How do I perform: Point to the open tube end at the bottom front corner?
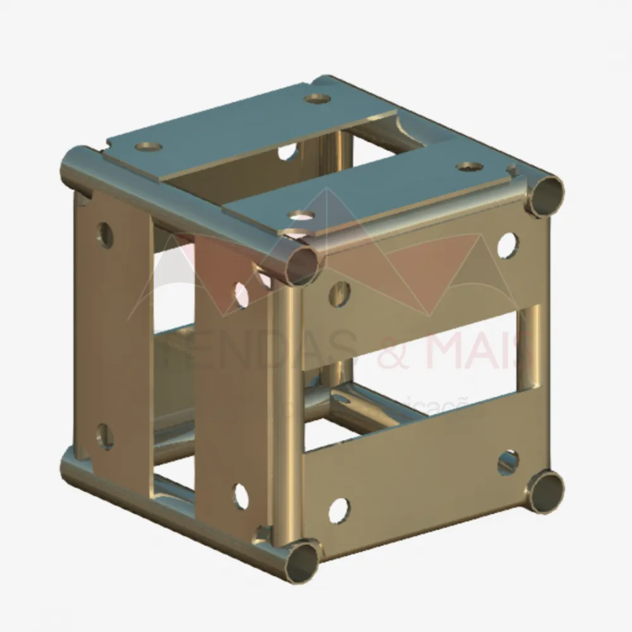coord(301,559)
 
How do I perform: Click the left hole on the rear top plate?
coord(149,147)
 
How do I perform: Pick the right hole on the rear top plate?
coord(318,99)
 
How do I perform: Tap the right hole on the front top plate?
coord(469,167)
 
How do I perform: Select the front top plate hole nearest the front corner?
coord(301,217)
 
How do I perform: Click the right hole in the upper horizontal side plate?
coord(507,245)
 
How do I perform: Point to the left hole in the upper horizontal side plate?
coord(339,294)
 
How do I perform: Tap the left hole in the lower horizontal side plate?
coord(339,510)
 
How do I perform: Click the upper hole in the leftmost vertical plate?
coord(105,235)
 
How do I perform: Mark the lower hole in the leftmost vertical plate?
coord(105,437)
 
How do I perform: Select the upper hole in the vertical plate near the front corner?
coord(242,295)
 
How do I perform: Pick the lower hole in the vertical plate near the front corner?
coord(242,496)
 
